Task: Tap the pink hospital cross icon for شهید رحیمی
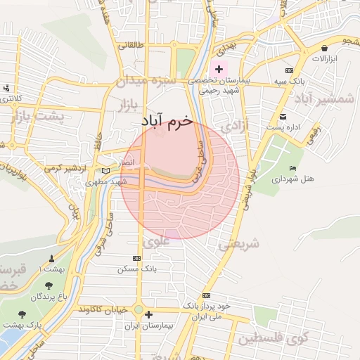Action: coord(219,69)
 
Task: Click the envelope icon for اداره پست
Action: coord(283,116)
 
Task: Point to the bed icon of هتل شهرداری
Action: coord(292,168)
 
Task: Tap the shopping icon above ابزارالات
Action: coord(324,48)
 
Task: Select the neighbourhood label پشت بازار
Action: coord(39,115)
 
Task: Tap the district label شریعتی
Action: coord(239,244)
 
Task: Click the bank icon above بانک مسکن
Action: coord(136,258)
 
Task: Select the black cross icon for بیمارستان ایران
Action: coord(148,315)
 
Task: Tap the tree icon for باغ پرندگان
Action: coord(49,285)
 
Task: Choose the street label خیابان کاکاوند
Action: coord(104,309)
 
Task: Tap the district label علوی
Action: coord(156,241)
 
